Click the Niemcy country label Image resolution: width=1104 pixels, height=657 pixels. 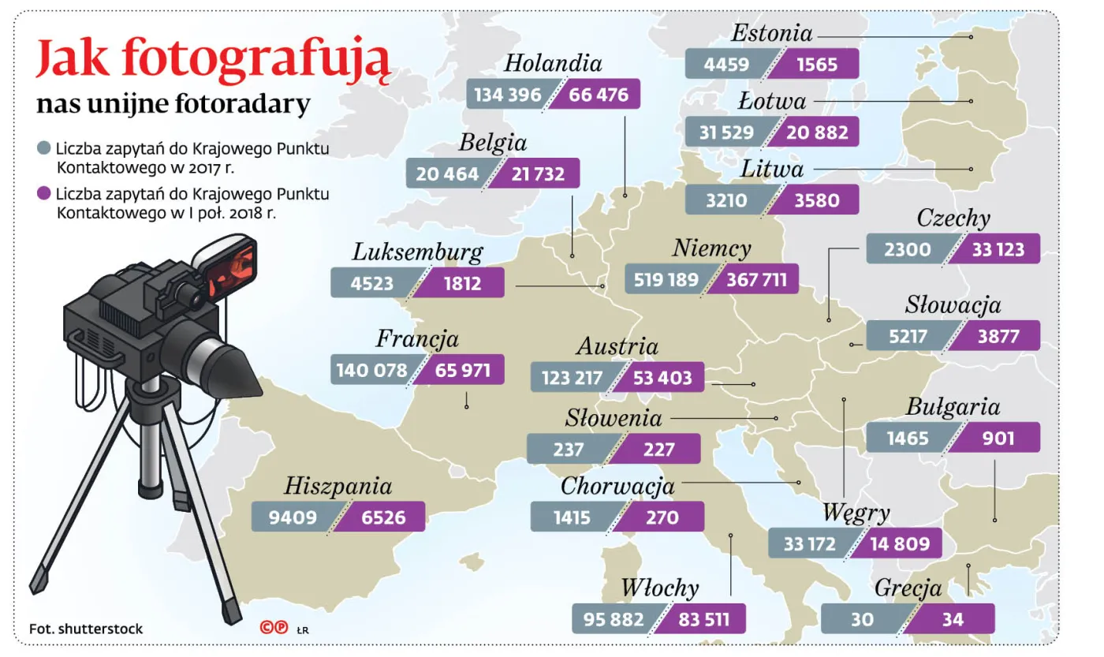(x=711, y=248)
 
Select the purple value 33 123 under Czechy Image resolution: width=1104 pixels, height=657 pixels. (x=998, y=250)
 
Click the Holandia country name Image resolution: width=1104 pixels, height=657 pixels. (x=553, y=63)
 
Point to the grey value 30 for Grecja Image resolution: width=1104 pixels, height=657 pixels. (x=862, y=619)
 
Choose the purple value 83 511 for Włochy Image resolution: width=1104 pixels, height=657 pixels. (x=703, y=619)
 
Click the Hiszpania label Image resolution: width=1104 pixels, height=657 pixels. (x=338, y=486)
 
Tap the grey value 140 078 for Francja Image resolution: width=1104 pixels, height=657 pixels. (x=371, y=370)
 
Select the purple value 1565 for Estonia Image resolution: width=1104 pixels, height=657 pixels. (x=816, y=64)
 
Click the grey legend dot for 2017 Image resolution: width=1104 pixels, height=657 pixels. (x=44, y=149)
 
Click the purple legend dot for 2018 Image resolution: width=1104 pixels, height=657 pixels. (x=44, y=194)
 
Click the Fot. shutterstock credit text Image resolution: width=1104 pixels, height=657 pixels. (x=86, y=629)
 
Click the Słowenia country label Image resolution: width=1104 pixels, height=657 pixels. (x=614, y=418)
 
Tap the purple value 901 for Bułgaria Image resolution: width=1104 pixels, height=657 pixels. (x=998, y=438)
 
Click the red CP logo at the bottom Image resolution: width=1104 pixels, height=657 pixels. (x=274, y=628)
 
